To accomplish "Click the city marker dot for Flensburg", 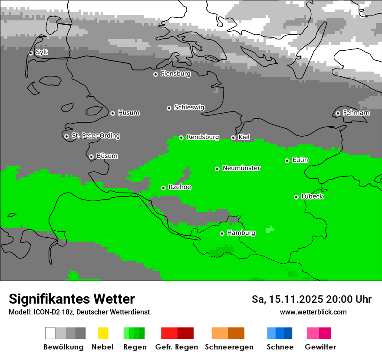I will [x=155, y=74].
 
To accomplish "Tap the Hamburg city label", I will [x=241, y=233].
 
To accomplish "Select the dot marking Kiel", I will [x=233, y=137].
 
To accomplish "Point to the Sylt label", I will [x=42, y=52].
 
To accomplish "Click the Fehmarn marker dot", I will [x=338, y=113].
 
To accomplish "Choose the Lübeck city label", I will [x=312, y=196].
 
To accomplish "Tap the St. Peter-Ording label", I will [x=95, y=136].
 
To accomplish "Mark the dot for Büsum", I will [x=91, y=157].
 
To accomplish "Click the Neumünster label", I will [x=241, y=168].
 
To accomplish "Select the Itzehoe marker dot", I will [x=163, y=188].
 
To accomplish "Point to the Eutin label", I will [x=300, y=160].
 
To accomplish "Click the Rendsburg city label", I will [x=203, y=137].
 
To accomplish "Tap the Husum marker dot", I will [x=112, y=113].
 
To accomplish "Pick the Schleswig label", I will [x=189, y=107].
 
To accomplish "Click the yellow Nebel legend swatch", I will [x=103, y=333].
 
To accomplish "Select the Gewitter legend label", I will [x=320, y=347].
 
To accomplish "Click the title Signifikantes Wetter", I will [x=72, y=299].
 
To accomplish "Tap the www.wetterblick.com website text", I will [x=313, y=312].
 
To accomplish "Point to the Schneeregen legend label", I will [x=229, y=347].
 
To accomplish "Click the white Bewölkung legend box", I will [x=50, y=333].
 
